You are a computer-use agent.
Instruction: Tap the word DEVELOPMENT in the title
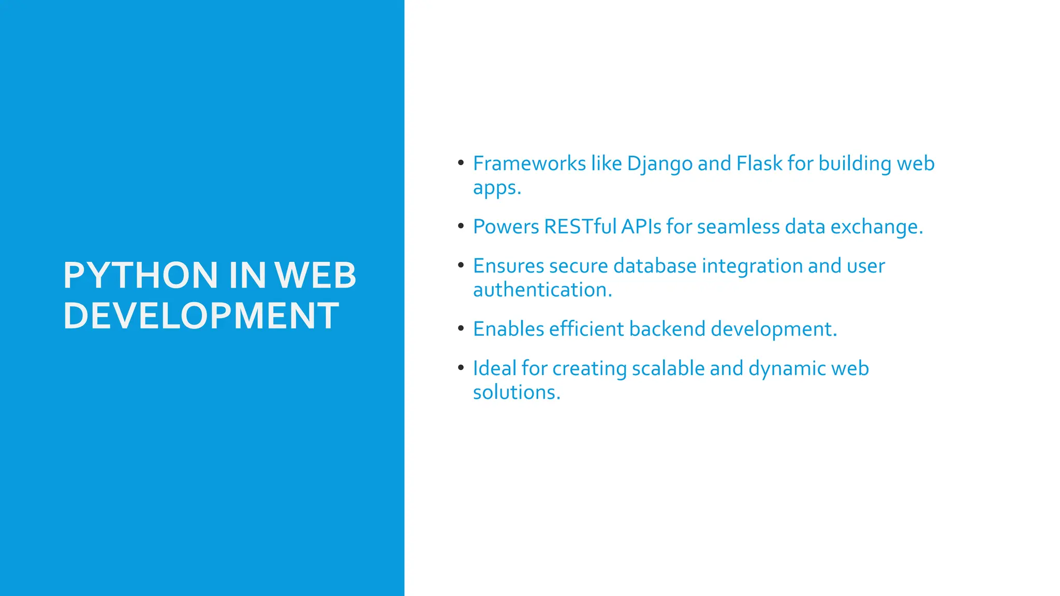201,316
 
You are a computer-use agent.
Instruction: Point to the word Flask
759,163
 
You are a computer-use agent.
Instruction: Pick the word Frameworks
529,163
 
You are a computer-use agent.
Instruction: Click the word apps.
497,188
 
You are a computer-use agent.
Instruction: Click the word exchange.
877,227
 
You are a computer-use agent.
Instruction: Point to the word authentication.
542,290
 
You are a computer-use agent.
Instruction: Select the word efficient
586,329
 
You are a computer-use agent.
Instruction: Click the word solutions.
517,392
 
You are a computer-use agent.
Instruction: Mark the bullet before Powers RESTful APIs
461,226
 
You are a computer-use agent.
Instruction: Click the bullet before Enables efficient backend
461,328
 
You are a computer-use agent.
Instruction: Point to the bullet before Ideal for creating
461,367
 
